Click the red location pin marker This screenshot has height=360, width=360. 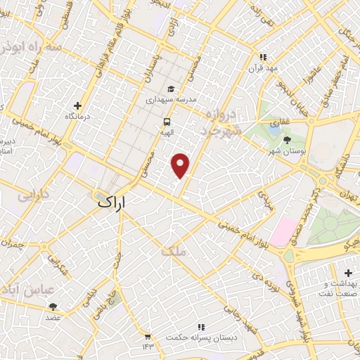tap(181, 165)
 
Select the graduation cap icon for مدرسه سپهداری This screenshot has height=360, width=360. tap(171, 89)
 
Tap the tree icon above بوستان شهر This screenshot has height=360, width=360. tap(285, 140)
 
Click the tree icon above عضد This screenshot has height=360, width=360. tap(53, 307)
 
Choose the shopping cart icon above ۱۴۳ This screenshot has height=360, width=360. tap(147, 337)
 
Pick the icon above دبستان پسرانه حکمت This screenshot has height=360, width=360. tap(201, 327)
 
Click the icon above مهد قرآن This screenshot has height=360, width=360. tap(262, 57)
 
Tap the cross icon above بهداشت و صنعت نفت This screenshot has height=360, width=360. tap(348, 272)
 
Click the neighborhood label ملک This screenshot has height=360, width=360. tap(174, 250)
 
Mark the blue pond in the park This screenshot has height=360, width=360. tap(273, 129)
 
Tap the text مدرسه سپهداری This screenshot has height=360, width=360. tap(169, 101)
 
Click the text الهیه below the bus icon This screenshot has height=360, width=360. tap(166, 131)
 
